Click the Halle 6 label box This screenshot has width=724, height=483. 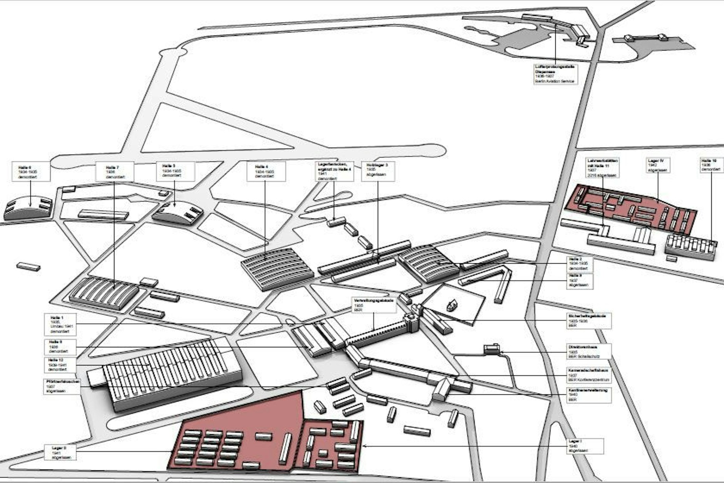coord(31,172)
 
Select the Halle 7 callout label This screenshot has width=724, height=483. coord(114,172)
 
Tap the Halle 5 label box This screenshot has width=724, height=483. coord(175,171)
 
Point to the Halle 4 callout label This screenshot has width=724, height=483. coord(266,172)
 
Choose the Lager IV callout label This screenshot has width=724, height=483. coord(659,165)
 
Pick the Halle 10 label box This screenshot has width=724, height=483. coord(711,165)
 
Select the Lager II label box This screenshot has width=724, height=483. coord(63,452)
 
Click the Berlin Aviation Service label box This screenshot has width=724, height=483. coord(556,74)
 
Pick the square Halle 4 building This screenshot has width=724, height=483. coord(277,268)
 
